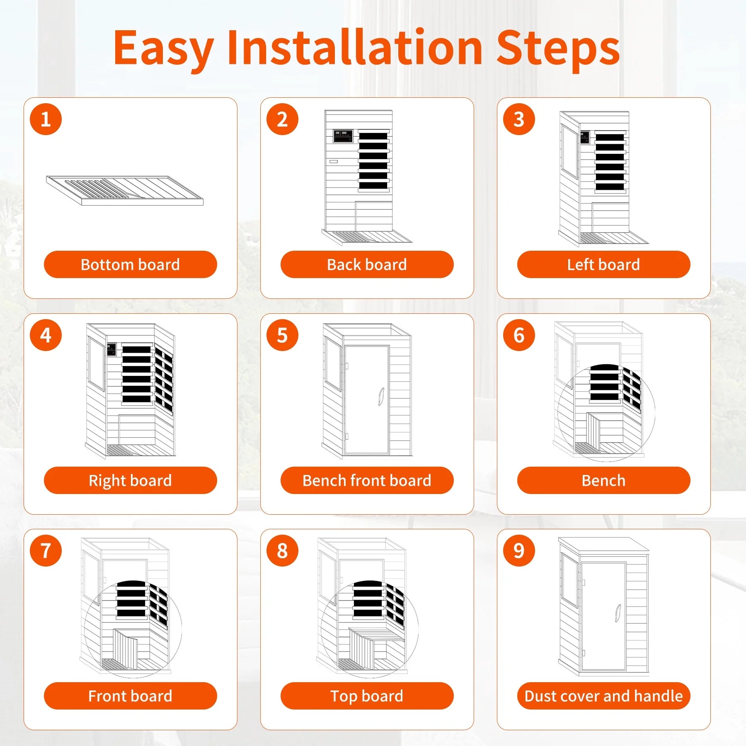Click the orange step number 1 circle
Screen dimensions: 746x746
46,119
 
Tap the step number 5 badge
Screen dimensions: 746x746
282,335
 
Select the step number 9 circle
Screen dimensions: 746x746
519,551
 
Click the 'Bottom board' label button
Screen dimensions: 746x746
130,264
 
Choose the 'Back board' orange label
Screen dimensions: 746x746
367,264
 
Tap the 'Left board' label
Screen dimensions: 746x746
603,264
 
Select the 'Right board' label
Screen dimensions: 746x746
130,480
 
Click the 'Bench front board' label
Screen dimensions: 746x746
367,480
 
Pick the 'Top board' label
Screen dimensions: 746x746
367,696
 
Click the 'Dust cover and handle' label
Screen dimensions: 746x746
603,696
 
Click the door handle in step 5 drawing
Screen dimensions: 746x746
381,396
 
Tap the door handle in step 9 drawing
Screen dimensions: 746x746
618,613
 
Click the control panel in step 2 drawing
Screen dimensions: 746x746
343,136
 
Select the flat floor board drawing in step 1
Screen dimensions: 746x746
125,191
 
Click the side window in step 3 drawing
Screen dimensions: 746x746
570,151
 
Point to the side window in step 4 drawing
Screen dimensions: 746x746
96,363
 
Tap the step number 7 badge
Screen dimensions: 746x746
46,551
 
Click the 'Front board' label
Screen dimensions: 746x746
130,696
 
